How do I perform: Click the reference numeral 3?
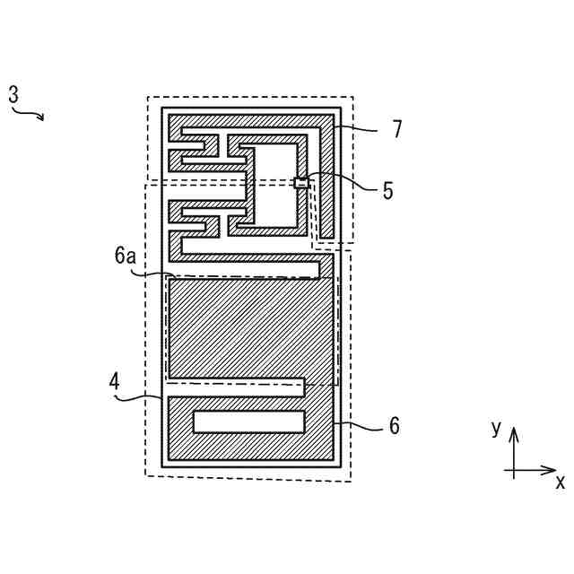tap(13, 94)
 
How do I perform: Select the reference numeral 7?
tap(396, 129)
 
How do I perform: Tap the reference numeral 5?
tap(387, 190)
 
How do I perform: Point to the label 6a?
tap(125, 256)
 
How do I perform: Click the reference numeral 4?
tap(114, 380)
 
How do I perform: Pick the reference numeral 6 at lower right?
tap(394, 426)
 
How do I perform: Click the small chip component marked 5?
tap(302, 183)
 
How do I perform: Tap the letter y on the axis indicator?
tap(495, 429)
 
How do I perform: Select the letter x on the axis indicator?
tap(560, 483)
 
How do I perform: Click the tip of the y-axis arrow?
tap(513, 430)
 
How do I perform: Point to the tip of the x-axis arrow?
tap(555, 469)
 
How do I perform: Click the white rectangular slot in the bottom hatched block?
tap(249, 421)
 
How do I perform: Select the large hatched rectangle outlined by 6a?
tap(250, 327)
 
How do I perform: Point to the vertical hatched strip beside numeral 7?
tap(328, 179)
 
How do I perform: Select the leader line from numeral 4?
tap(142, 394)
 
